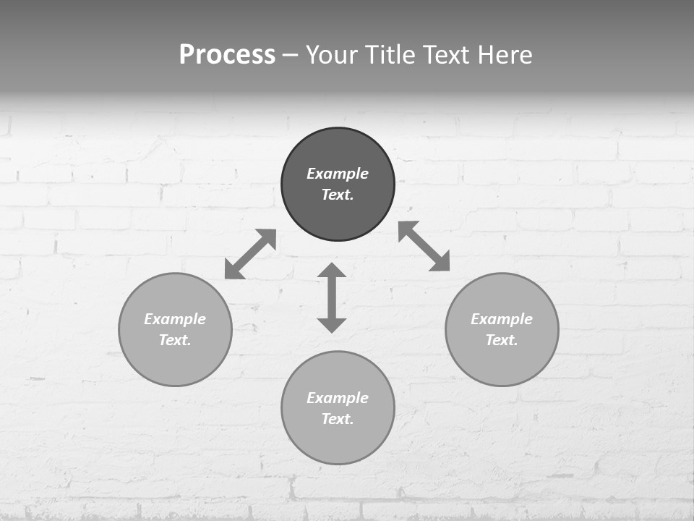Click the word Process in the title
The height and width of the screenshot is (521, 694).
coord(227,55)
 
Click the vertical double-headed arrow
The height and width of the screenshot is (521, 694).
coord(332,297)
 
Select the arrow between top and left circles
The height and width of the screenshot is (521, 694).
coord(251,254)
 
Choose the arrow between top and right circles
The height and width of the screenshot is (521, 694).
coord(424,246)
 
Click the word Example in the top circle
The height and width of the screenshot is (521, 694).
coord(338,174)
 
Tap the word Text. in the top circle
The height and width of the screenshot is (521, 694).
coord(338,195)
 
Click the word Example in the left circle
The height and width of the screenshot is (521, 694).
coord(175,319)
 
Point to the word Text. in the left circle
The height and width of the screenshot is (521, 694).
coord(175,340)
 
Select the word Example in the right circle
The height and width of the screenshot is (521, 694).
coord(502,319)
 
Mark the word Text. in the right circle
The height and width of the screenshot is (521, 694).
coord(502,340)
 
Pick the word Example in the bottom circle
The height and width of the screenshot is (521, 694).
coord(338,398)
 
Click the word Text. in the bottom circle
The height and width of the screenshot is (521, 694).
coord(338,419)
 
